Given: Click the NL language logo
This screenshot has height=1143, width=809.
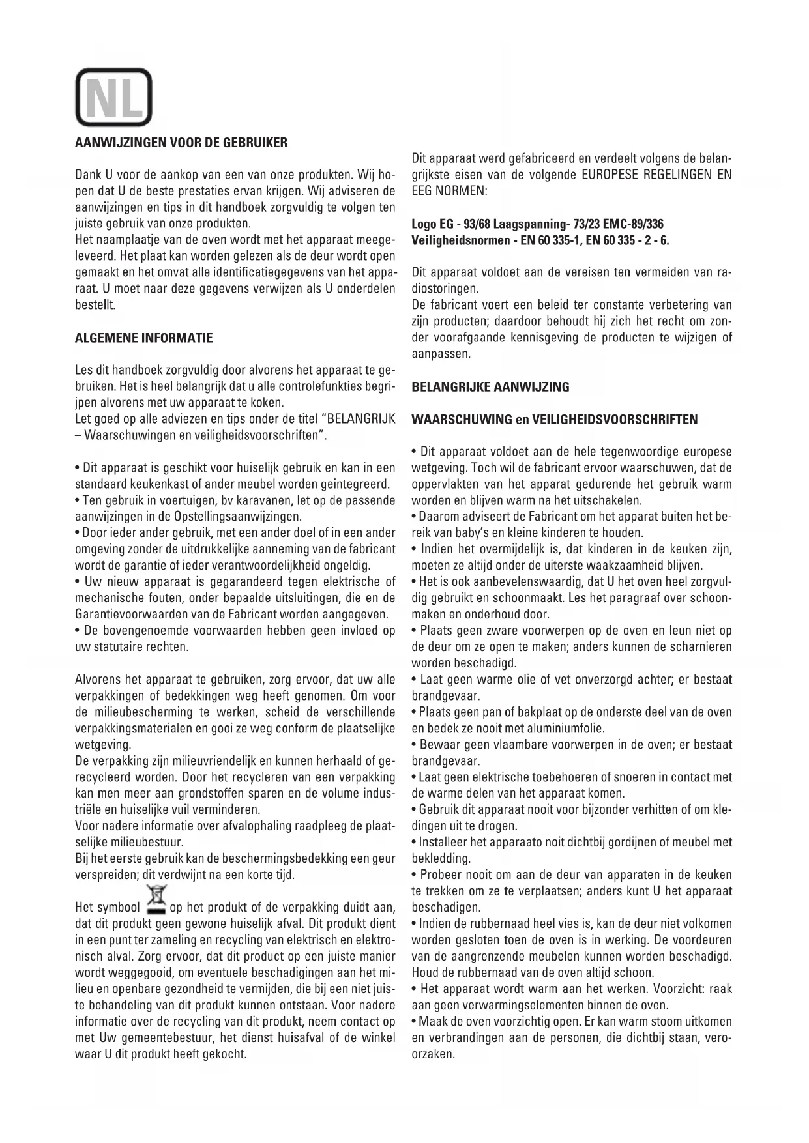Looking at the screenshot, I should [x=114, y=97].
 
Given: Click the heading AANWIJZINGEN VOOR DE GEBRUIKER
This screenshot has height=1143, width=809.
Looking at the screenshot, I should [x=181, y=143].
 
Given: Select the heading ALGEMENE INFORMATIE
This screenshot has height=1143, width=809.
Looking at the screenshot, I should [x=144, y=338].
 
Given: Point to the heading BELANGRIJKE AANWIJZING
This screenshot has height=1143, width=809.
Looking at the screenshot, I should [x=490, y=387].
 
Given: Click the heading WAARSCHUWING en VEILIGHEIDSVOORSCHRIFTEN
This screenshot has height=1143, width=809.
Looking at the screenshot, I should [x=554, y=420].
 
